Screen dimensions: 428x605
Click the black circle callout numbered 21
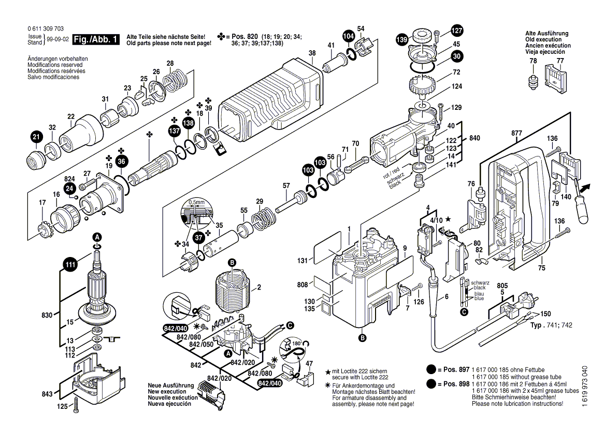(35, 137)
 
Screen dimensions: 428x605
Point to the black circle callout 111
(70, 265)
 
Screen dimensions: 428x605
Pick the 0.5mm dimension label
(197, 202)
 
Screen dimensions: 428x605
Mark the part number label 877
(516, 133)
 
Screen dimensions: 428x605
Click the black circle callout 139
(401, 39)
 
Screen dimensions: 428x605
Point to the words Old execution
(543, 40)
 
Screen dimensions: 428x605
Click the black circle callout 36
(121, 162)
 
